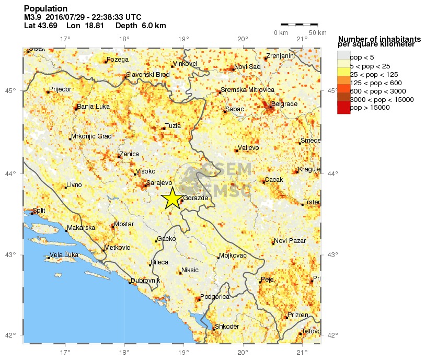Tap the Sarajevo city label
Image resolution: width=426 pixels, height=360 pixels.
pos(159,183)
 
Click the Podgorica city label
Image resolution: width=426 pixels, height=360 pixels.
pos(215,296)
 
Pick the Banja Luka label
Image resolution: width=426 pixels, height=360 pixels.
pos(93,107)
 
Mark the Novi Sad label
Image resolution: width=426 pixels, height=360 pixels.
pos(247,66)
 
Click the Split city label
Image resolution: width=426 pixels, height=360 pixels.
pos(39,211)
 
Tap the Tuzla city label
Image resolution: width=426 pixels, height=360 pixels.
pos(172,125)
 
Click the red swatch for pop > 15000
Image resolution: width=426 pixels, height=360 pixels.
pos(343,108)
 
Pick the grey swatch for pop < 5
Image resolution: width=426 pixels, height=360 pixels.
pos(343,55)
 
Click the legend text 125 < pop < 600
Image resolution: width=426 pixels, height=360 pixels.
pos(375,83)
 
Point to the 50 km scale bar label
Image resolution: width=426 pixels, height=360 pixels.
pos(317,33)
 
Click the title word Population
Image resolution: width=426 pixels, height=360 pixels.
pos(45,9)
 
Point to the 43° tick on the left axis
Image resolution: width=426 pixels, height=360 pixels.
pos(11,254)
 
